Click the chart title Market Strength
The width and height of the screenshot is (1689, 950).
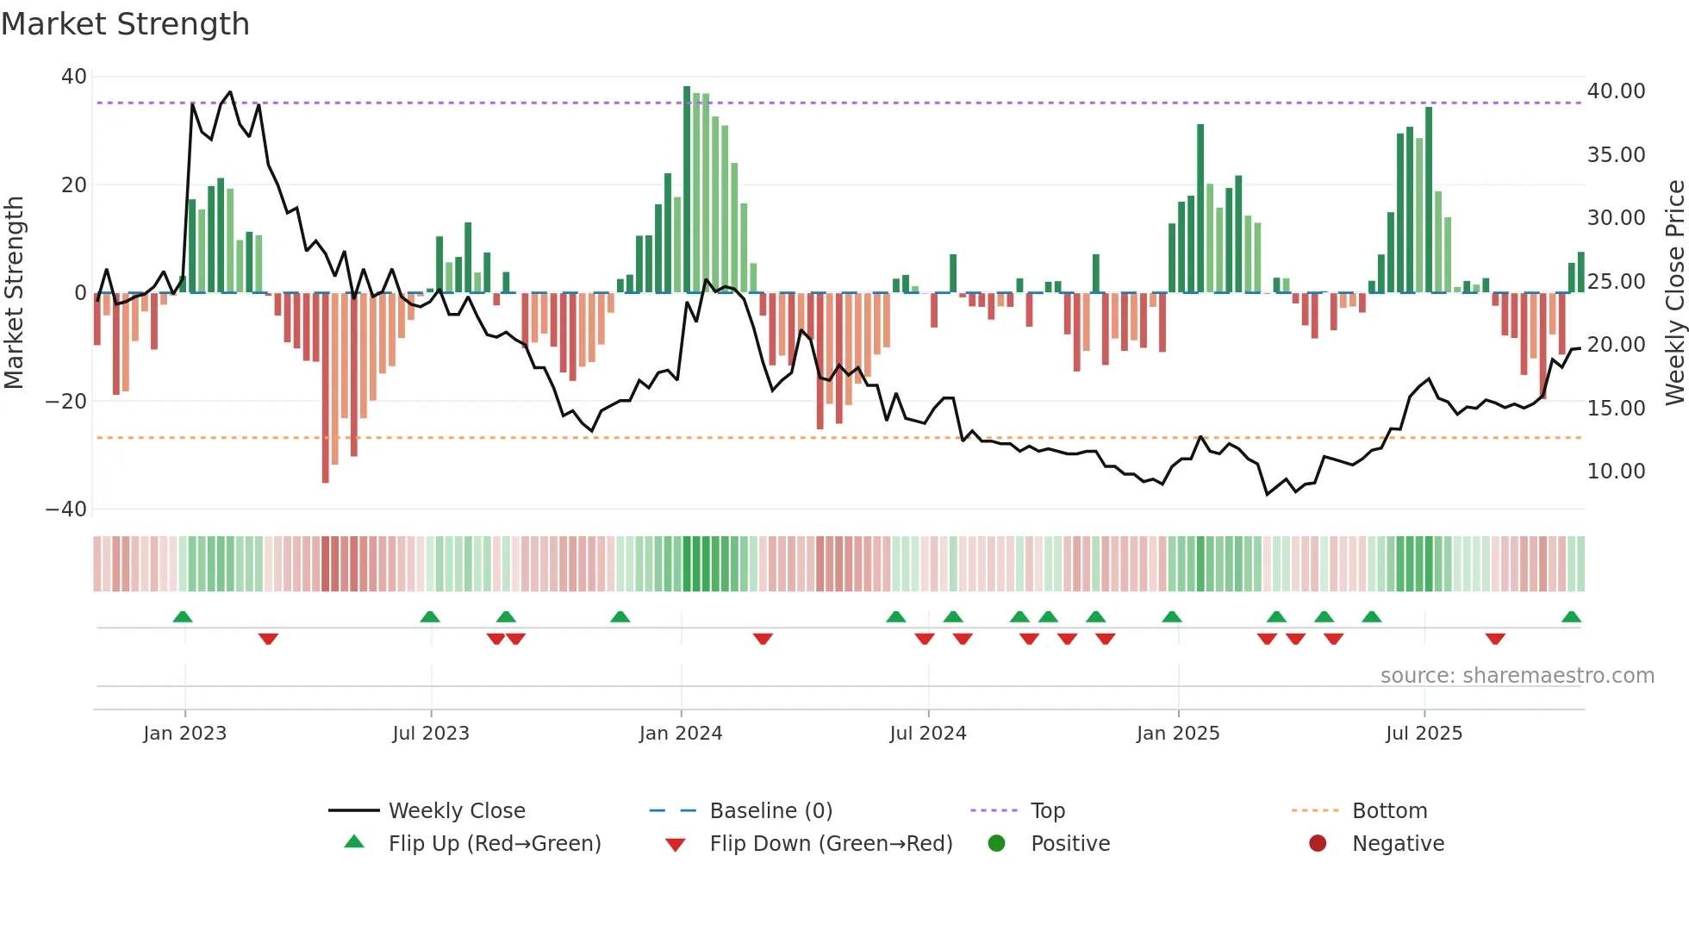tap(125, 24)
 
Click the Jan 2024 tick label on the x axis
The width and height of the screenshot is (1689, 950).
tap(680, 734)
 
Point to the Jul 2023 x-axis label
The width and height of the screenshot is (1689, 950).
tap(430, 734)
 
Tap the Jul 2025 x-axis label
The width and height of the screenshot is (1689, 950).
tap(1424, 734)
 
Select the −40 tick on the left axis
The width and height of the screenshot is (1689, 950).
tap(66, 509)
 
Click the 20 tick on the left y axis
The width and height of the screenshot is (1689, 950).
tap(73, 185)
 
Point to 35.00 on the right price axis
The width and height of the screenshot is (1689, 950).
tap(1616, 155)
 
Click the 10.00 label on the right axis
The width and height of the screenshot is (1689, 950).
tap(1616, 472)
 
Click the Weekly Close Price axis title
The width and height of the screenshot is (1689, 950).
tap(1674, 293)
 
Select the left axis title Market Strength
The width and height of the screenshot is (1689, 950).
tap(15, 293)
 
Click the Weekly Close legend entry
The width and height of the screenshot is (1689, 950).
tap(456, 811)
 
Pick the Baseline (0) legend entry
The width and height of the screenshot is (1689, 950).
tap(770, 811)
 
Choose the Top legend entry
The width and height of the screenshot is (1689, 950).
tap(1047, 811)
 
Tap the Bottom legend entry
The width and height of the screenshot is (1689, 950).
tap(1389, 811)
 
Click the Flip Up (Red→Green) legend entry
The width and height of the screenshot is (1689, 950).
tap(494, 844)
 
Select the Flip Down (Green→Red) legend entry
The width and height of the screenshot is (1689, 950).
tap(830, 844)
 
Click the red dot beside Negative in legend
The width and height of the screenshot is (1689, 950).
tap(1317, 844)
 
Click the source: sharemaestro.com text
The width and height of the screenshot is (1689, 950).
tap(1517, 676)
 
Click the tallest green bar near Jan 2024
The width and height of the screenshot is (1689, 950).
tap(687, 190)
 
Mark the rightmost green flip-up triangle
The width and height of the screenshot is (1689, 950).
tap(1571, 617)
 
